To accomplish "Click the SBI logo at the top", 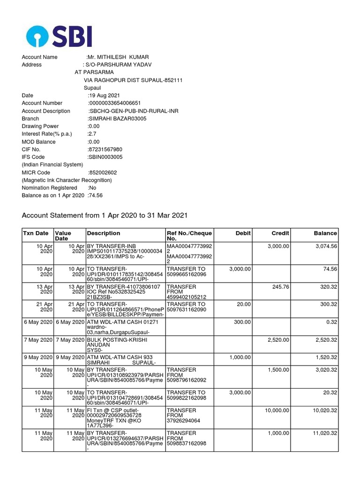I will coord(59,37).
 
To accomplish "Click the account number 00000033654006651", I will coord(115,103).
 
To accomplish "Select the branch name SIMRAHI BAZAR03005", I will coord(117,119).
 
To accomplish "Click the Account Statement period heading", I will coord(105,216).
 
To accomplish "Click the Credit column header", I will coord(280,233).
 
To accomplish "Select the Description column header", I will coord(104,233).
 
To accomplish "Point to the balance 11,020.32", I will coord(322,433).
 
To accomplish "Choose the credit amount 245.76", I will coord(281,287).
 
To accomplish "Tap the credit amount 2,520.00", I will coord(278,339).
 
